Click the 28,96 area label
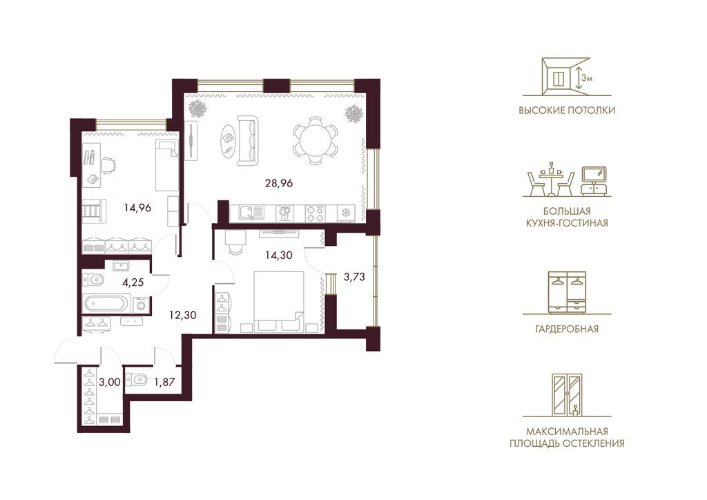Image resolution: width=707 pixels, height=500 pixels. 279,183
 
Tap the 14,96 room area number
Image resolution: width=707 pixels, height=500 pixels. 137,209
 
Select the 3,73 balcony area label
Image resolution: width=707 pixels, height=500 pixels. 354,277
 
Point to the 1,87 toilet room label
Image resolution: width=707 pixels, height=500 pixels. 164,383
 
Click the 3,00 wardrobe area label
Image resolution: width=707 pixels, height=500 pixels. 110,383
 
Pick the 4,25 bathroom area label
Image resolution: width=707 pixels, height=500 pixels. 133,282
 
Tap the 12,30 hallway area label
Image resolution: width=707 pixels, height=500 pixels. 182,315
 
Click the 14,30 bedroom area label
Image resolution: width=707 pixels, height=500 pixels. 279,256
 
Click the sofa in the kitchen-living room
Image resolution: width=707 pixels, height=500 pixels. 249,140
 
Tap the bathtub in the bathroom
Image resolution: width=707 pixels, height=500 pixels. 106,303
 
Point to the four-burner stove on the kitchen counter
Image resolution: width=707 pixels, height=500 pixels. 315,213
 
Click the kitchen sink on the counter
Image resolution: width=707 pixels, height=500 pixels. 251,212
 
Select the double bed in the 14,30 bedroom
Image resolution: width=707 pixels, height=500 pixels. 279,302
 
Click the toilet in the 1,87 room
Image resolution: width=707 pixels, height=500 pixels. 137,381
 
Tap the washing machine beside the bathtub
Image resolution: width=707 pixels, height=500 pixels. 141,305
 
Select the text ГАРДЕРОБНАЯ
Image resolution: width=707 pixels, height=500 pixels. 568,329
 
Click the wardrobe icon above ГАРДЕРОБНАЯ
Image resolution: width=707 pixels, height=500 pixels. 568,293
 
